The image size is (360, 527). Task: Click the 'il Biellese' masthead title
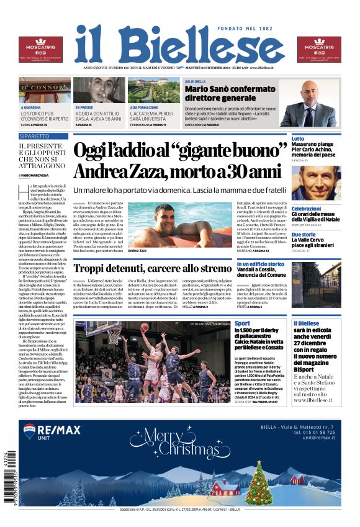pyautogui.click(x=179, y=44)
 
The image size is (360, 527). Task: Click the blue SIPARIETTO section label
pyautogui.click(x=43, y=136)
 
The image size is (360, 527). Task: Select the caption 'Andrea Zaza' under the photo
pyautogui.click(x=137, y=251)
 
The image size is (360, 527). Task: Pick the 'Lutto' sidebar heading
pyautogui.click(x=298, y=138)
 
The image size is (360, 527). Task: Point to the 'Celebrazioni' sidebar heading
pyautogui.click(x=307, y=209)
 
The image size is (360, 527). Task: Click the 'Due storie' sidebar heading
pyautogui.click(x=304, y=234)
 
